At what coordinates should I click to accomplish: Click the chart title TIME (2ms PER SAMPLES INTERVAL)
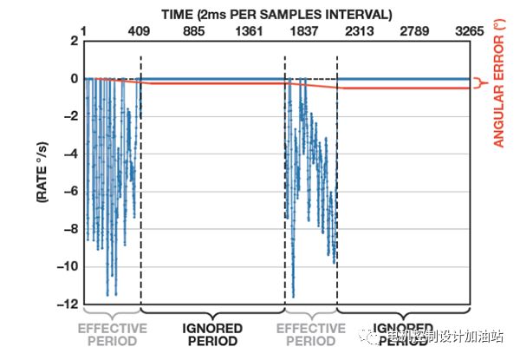pos(275,14)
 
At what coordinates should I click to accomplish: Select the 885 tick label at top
pos(199,33)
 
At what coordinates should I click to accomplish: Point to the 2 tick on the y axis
pos(73,41)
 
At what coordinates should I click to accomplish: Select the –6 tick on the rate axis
pos(68,192)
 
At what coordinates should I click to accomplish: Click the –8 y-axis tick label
pos(68,229)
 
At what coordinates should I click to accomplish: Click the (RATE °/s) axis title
pos(41,173)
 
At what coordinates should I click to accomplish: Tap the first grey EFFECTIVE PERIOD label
pos(112,335)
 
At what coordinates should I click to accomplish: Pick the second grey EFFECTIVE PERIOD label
pos(310,335)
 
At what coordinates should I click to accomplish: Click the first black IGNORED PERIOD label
pos(212,335)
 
